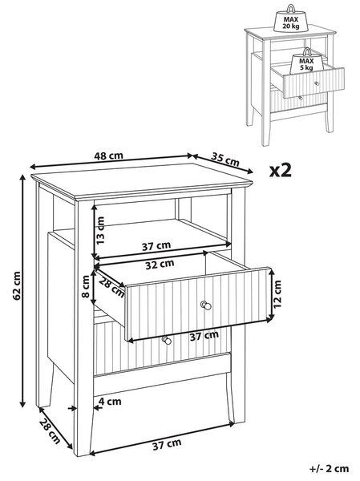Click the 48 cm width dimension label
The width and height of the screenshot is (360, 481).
(x=108, y=156)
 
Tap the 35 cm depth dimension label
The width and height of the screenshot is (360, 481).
(x=225, y=160)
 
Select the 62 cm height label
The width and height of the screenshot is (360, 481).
(x=17, y=285)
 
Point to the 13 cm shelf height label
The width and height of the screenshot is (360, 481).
(x=100, y=230)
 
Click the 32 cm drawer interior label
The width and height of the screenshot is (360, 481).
(x=160, y=264)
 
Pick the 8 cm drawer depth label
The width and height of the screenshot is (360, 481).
(x=86, y=286)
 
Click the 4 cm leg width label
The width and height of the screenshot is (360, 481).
(x=110, y=402)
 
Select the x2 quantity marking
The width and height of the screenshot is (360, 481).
(x=280, y=170)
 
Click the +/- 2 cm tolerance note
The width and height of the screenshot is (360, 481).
(x=330, y=468)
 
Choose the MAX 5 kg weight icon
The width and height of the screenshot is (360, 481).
(x=306, y=61)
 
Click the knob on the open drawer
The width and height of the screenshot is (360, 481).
(x=205, y=305)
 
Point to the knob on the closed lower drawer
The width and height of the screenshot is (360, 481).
(x=166, y=340)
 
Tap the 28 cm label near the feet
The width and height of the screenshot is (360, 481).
(x=50, y=431)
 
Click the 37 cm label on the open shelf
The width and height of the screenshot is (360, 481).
(x=156, y=246)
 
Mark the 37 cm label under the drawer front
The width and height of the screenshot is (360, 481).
(x=204, y=336)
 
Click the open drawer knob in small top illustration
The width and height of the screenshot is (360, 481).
(x=317, y=83)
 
